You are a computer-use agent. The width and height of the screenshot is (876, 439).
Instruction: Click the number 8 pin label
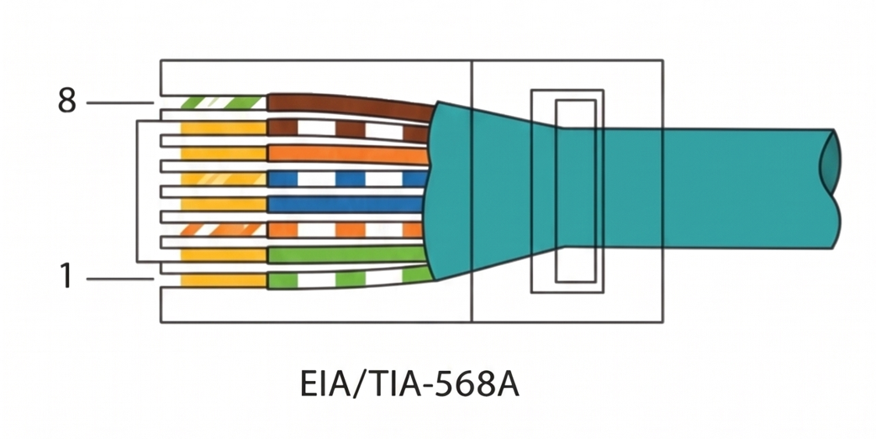(67, 102)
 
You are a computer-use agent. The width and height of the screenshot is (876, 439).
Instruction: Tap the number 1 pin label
(66, 277)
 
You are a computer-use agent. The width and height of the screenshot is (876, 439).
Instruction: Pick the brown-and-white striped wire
(348, 131)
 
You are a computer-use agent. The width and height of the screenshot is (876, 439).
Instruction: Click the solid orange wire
(347, 154)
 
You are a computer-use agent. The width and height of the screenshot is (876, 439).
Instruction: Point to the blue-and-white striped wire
(347, 179)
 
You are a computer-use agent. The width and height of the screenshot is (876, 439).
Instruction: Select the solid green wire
(347, 254)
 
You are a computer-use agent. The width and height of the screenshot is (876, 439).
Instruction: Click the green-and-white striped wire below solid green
(350, 279)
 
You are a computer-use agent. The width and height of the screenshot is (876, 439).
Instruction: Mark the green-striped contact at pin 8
(224, 102)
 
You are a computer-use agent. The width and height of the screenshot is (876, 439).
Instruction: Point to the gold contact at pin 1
(224, 280)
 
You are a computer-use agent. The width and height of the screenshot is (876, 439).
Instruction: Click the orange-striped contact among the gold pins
(224, 229)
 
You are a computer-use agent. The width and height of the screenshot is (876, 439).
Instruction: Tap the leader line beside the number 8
(119, 102)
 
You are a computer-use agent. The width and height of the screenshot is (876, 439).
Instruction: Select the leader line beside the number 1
(119, 279)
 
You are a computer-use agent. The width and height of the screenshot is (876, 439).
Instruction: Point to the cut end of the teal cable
(831, 189)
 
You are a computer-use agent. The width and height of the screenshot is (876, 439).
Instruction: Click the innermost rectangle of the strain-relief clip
(575, 191)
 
